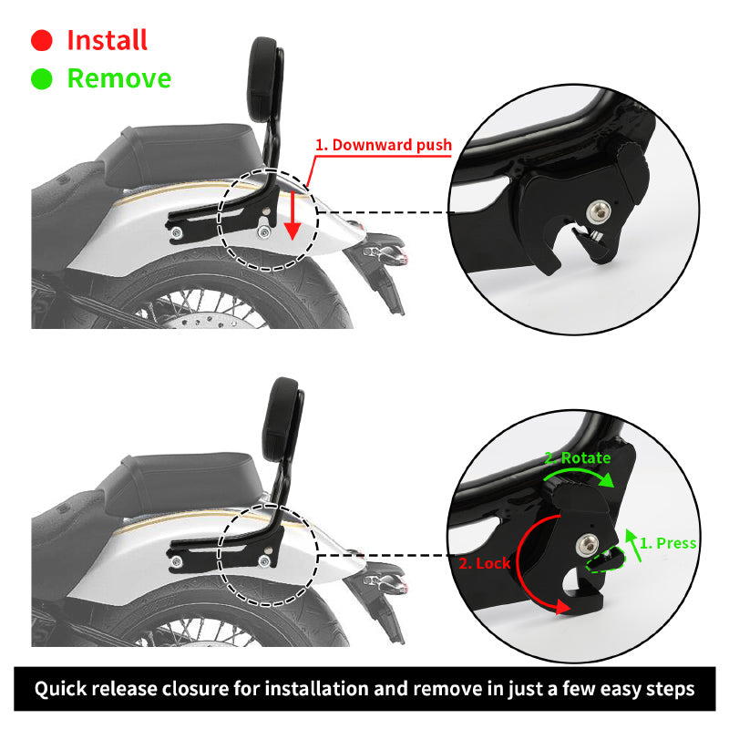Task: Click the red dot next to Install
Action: [x=42, y=40]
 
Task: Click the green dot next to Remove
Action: [x=42, y=78]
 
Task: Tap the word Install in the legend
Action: [x=108, y=40]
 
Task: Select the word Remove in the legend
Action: [x=119, y=78]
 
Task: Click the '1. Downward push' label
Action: [x=384, y=145]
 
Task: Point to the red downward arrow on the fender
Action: [x=293, y=215]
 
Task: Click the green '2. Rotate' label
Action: [x=578, y=458]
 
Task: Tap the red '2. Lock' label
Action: [x=485, y=563]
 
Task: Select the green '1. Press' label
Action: [x=668, y=543]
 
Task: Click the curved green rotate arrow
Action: [x=579, y=471]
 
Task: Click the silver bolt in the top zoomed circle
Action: [x=599, y=212]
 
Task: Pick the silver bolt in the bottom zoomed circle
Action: [x=588, y=545]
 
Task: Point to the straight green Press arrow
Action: [x=633, y=545]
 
